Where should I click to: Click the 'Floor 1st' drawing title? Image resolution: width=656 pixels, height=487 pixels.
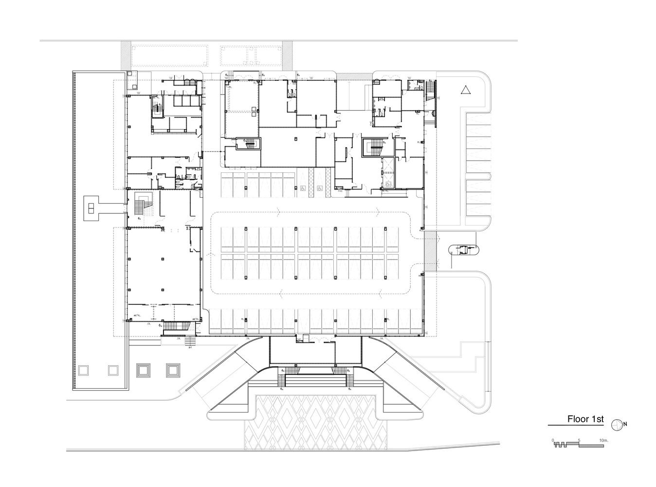pyautogui.click(x=585, y=419)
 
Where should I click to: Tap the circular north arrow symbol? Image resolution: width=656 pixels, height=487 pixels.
pyautogui.click(x=617, y=425)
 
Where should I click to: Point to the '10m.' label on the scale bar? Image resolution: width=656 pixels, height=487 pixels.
pyautogui.click(x=604, y=440)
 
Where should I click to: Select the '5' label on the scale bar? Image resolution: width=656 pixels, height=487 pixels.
pyautogui.click(x=579, y=440)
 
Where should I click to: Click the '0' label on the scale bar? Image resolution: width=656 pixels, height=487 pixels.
pyautogui.click(x=553, y=440)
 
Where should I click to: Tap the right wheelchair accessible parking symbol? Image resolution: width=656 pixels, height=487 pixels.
pyautogui.click(x=320, y=188)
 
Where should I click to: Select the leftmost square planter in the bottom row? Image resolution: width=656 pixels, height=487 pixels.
pyautogui.click(x=83, y=370)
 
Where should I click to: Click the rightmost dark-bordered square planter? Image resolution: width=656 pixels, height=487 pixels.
pyautogui.click(x=172, y=370)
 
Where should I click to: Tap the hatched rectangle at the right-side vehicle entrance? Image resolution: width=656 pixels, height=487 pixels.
pyautogui.click(x=430, y=251)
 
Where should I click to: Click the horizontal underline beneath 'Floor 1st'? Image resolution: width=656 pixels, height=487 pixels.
pyautogui.click(x=576, y=426)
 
